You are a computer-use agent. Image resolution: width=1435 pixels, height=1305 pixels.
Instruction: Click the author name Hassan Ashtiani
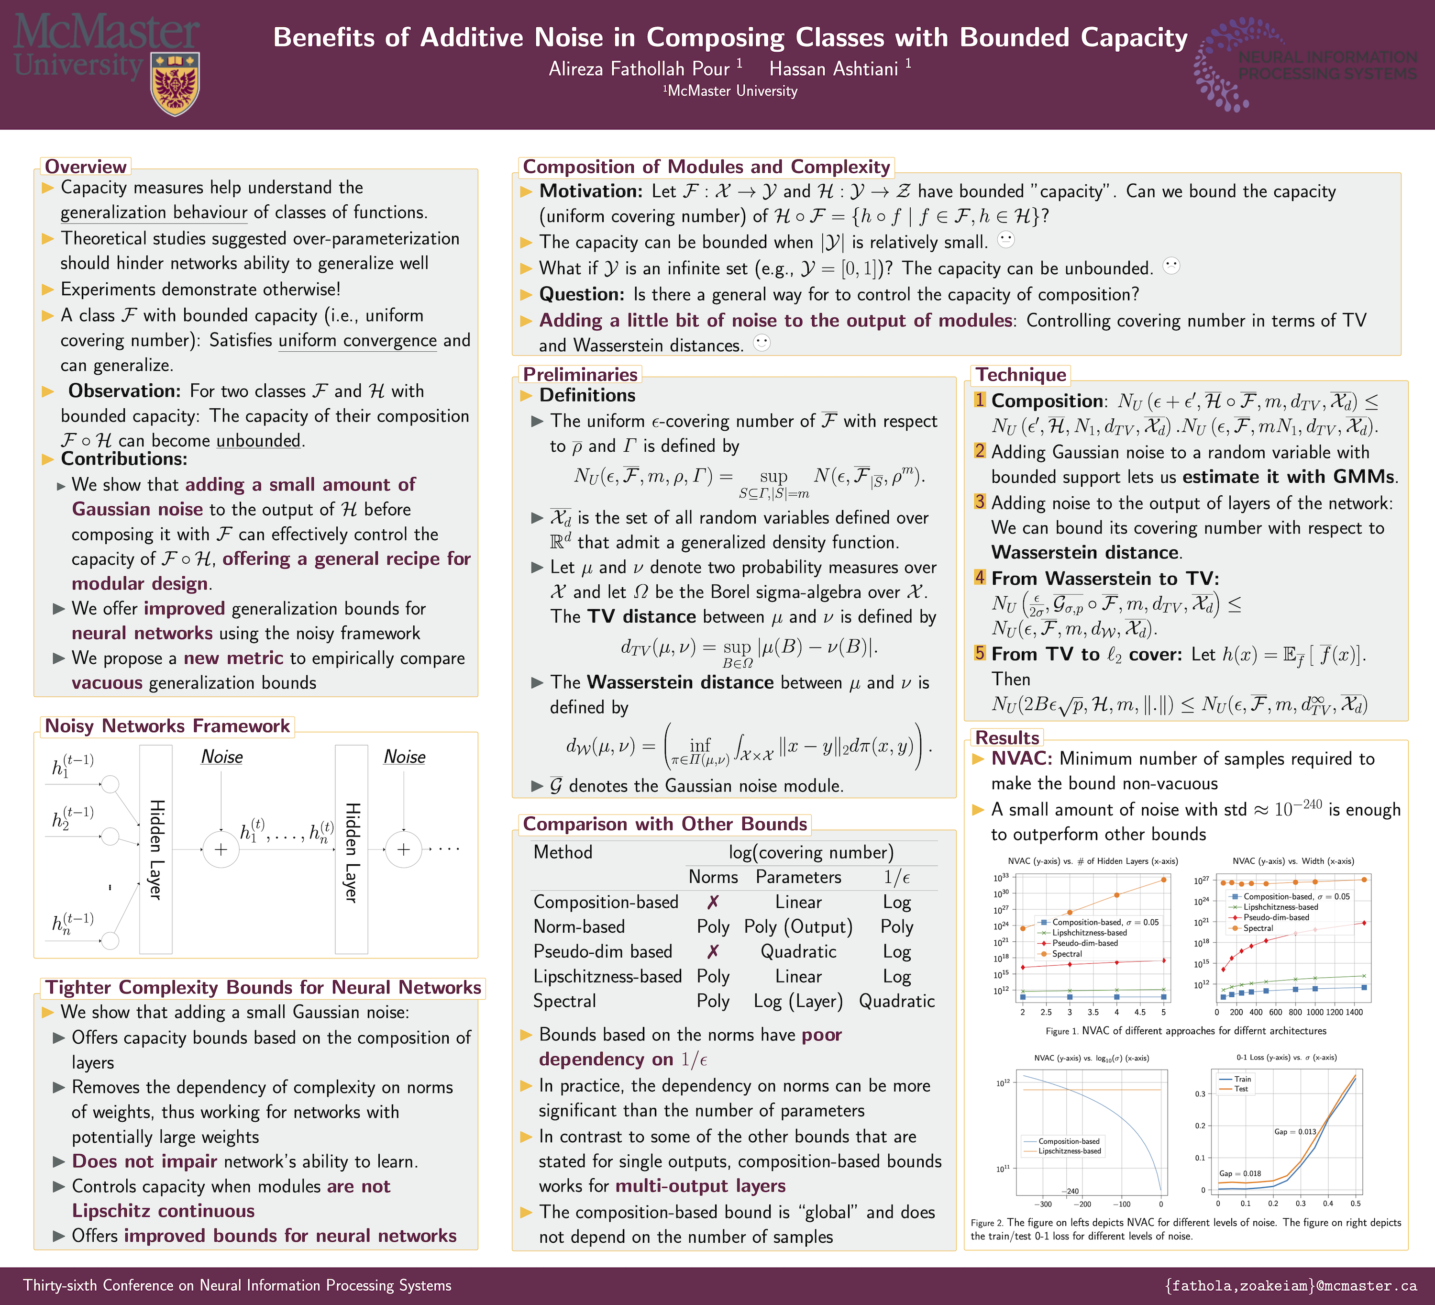pos(834,69)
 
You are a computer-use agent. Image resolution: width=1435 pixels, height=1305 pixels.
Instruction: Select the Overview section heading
pos(86,167)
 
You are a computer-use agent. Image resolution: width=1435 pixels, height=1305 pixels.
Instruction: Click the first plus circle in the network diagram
pos(221,849)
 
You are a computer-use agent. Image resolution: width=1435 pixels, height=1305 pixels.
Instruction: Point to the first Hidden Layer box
pos(156,849)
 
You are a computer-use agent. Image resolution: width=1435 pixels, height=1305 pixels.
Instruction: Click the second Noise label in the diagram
pos(404,757)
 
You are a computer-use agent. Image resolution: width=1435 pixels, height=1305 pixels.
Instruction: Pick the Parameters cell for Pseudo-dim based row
pos(798,952)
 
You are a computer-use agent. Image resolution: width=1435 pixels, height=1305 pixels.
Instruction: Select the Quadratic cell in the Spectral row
pos(896,1002)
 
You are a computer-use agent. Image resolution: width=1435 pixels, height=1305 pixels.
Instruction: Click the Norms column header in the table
pos(713,877)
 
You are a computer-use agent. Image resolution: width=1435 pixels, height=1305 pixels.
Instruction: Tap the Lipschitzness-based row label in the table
pos(607,977)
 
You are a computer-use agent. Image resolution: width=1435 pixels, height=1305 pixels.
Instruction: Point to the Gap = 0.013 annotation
pos(1295,1132)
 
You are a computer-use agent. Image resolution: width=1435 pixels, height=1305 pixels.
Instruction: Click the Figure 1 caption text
pos(1185,1031)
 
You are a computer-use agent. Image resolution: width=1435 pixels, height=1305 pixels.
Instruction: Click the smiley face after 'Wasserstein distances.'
pos(762,343)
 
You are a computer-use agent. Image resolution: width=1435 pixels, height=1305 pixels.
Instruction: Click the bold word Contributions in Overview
pos(124,459)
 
